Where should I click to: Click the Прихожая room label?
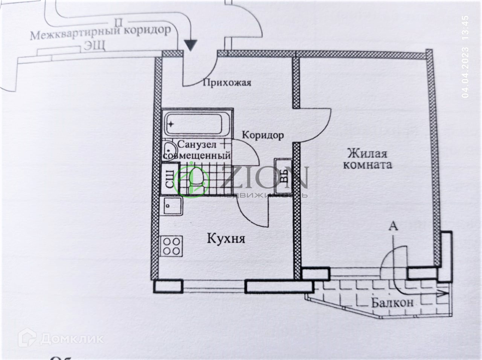pyautogui.click(x=227, y=83)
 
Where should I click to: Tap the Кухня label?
pyautogui.click(x=226, y=238)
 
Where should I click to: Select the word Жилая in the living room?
pyautogui.click(x=367, y=153)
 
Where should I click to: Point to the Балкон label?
pyautogui.click(x=392, y=302)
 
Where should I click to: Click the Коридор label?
pyautogui.click(x=262, y=135)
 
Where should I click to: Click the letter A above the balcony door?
pyautogui.click(x=393, y=226)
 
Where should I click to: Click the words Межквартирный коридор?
pyautogui.click(x=100, y=33)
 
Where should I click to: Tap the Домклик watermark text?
pyautogui.click(x=71, y=338)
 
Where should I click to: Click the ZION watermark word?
pyautogui.click(x=264, y=177)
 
